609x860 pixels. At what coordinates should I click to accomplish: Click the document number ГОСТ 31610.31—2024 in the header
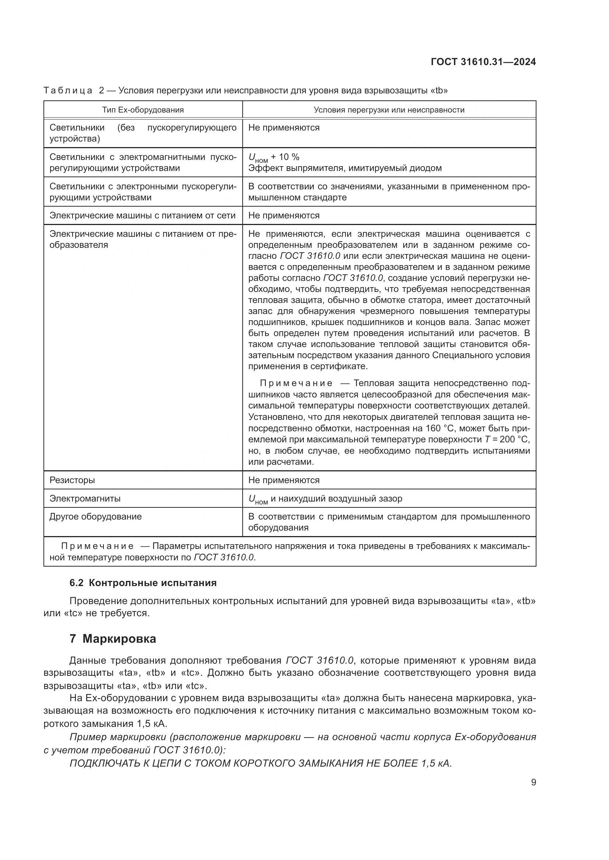[483, 62]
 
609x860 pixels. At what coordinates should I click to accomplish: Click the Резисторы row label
[72, 480]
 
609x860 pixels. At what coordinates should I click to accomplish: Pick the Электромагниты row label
[85, 499]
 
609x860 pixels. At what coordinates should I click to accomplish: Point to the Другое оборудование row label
[96, 517]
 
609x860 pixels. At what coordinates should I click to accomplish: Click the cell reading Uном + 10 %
[274, 157]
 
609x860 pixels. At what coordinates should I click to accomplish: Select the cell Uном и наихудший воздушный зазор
[325, 499]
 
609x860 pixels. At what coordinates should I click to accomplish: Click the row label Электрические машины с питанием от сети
[142, 216]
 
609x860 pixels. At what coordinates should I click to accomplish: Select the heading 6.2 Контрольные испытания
[143, 583]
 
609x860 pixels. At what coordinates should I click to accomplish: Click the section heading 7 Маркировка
[113, 639]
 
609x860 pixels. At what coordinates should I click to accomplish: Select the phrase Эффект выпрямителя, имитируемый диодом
[345, 168]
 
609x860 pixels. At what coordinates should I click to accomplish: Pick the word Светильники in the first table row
[77, 128]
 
